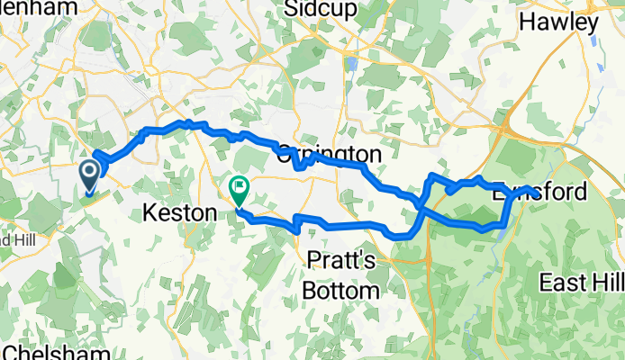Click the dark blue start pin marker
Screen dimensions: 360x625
pos(91,174)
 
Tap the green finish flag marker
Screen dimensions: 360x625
pos(240,190)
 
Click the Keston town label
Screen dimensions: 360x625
pos(180,214)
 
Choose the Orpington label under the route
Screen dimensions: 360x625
pos(329,155)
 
